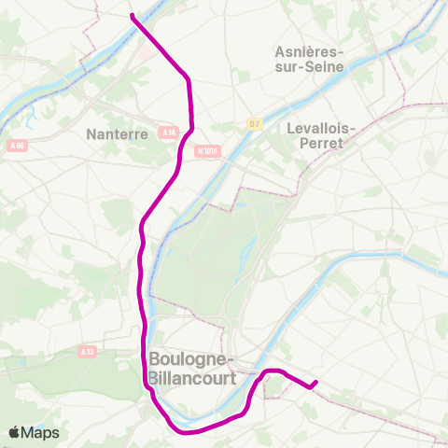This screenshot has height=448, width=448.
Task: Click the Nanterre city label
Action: pos(117,133)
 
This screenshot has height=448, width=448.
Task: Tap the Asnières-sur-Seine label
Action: pos(310,60)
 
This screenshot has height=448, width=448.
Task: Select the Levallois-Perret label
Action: pos(316,135)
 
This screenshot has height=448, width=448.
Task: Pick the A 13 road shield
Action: pos(87,351)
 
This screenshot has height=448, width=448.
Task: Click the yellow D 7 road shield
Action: pos(255,122)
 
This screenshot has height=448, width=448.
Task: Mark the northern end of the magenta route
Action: pos(133,16)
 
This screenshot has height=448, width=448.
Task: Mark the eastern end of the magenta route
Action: pos(315,382)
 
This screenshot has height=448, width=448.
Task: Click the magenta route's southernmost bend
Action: pos(191,431)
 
